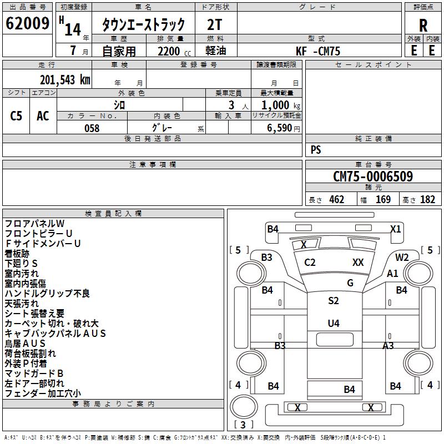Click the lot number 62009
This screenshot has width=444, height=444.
click(27, 24)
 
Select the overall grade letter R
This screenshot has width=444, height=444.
click(423, 26)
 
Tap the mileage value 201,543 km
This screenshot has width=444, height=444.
click(65, 80)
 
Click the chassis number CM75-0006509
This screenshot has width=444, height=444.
click(373, 176)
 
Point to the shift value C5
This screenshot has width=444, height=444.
click(17, 116)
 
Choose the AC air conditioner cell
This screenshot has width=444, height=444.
click(43, 116)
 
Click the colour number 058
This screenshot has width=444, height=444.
click(92, 128)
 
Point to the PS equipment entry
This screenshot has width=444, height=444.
click(316, 150)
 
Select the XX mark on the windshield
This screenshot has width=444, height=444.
click(358, 263)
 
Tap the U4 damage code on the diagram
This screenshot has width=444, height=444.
click(334, 323)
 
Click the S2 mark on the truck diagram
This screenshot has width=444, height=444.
click(333, 301)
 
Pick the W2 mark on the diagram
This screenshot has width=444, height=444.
click(402, 257)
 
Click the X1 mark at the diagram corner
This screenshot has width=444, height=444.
click(395, 229)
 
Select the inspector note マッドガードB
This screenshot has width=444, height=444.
click(34, 374)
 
